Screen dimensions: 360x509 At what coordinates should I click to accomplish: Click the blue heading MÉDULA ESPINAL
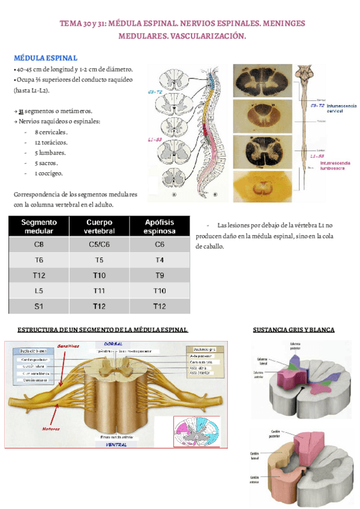point(46,58)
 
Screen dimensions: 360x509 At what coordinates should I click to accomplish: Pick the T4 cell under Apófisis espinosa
point(159,260)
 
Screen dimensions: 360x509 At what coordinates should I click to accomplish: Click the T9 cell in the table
point(159,276)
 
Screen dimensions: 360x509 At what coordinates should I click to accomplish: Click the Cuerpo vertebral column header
point(99,226)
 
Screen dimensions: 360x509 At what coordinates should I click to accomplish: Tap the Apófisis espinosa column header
point(160,226)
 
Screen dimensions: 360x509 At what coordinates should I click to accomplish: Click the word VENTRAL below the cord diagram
point(116,445)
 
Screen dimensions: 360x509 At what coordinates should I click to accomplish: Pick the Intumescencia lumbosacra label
point(340,165)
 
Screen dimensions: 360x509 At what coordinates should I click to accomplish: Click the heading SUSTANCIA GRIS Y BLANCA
point(293,330)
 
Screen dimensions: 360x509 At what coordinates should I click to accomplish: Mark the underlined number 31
point(21,112)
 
